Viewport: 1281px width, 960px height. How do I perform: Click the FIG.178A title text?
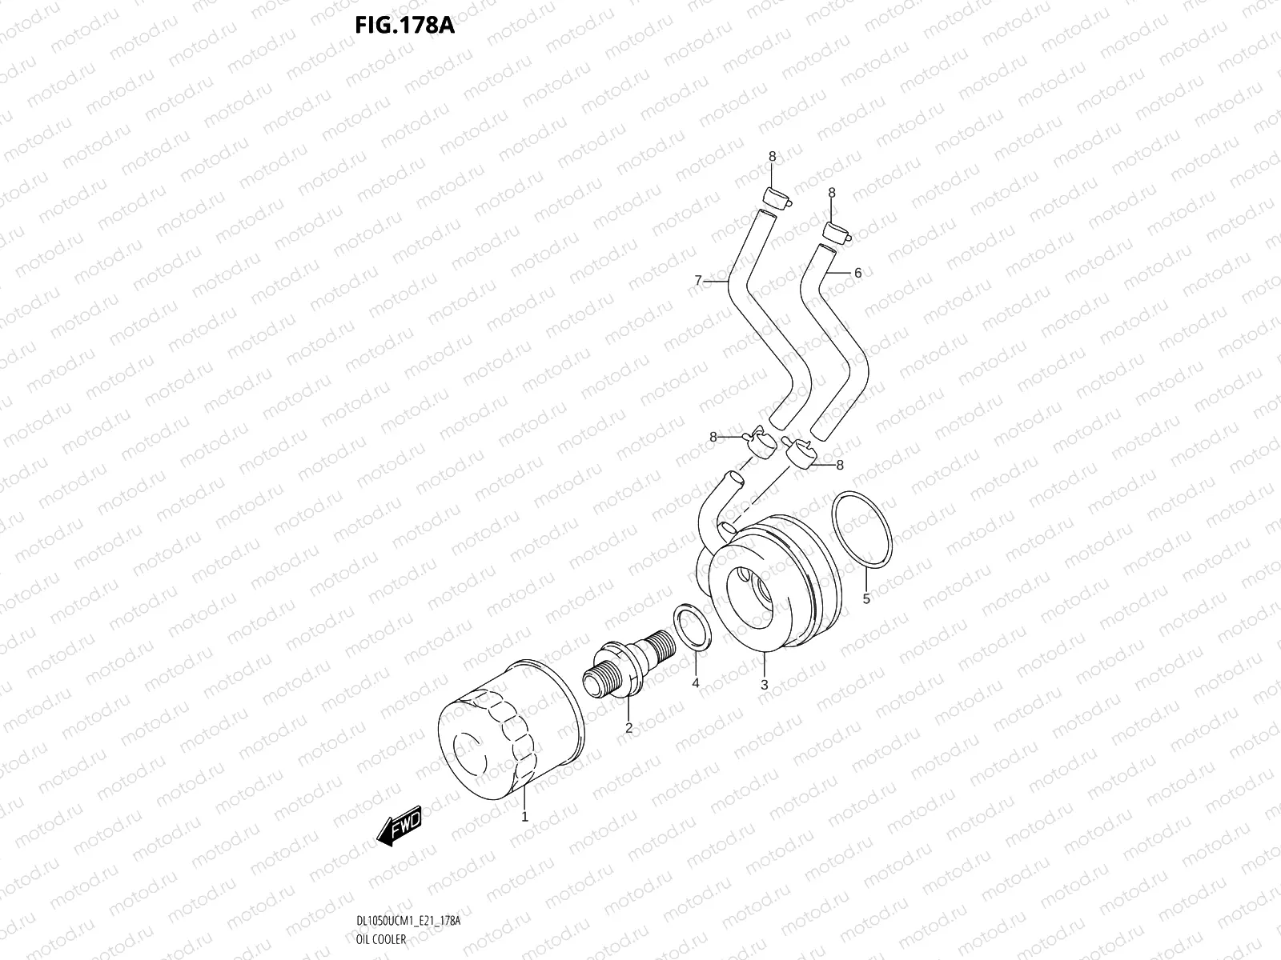(x=404, y=26)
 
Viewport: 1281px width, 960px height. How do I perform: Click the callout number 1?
(x=524, y=817)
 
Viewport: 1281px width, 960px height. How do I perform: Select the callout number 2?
(x=628, y=727)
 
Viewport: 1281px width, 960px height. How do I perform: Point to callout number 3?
(x=764, y=685)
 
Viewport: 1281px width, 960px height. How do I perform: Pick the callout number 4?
(x=695, y=682)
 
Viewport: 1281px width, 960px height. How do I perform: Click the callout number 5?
(x=865, y=598)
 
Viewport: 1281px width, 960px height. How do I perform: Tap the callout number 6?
(x=857, y=273)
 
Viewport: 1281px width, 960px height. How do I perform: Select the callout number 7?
(x=697, y=280)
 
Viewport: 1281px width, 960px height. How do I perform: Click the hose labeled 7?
(x=761, y=336)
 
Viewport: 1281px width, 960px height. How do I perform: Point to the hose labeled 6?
(x=833, y=336)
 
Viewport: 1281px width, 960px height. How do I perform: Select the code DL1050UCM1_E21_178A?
(x=408, y=922)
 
